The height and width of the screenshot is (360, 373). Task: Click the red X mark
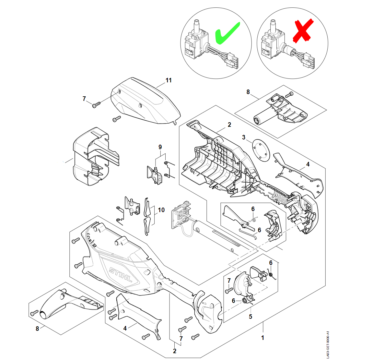(x=303, y=31)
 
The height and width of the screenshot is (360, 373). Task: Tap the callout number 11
(x=169, y=80)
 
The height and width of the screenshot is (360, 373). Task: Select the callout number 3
(x=244, y=138)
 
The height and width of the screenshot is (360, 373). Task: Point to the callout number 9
(x=160, y=147)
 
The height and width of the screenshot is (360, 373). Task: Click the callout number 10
(x=161, y=210)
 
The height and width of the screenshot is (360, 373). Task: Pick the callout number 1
(x=262, y=338)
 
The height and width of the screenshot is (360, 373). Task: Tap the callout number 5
(x=251, y=317)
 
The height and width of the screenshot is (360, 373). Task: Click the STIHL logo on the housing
(x=121, y=274)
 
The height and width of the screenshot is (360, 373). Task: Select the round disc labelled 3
(x=261, y=150)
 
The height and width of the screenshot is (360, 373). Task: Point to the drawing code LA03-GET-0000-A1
(x=328, y=344)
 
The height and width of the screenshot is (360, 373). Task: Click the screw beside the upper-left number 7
(x=96, y=105)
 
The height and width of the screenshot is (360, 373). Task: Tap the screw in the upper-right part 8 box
(x=289, y=94)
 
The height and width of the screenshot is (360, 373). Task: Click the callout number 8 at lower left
(x=37, y=329)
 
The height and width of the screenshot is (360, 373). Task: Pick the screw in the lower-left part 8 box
(x=34, y=313)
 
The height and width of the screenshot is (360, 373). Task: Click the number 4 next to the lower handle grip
(x=125, y=328)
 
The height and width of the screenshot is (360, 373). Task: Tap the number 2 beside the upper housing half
(x=229, y=125)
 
